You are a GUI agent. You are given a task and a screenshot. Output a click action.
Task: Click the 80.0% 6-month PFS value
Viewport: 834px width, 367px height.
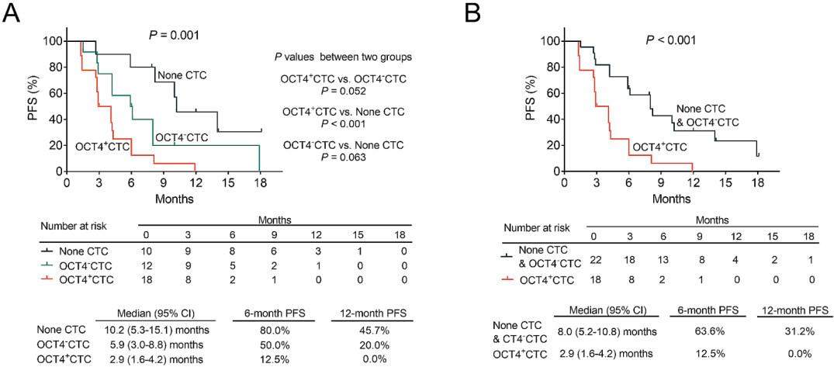point(270,330)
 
